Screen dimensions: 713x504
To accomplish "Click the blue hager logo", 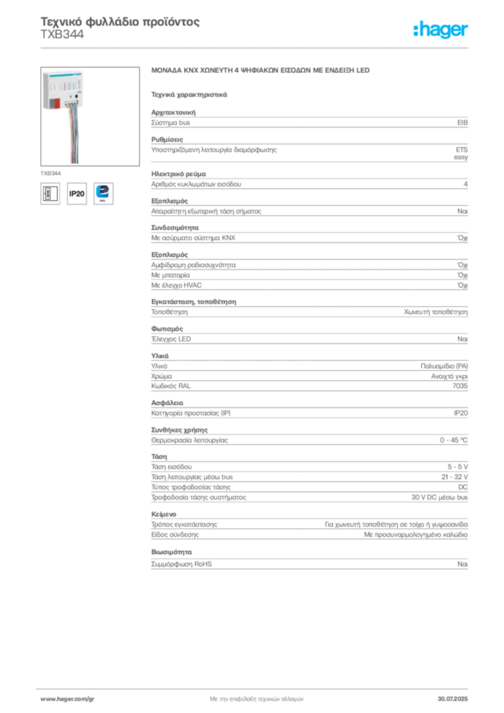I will point(441,30).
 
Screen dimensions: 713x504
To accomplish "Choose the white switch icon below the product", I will point(49,193).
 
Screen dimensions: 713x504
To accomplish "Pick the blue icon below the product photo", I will point(105,193).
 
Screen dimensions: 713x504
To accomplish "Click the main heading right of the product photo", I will point(262,72).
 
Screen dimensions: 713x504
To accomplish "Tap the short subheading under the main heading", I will point(189,93).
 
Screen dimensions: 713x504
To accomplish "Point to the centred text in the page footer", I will point(255,697).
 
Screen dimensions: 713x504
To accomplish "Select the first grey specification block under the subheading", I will point(308,123).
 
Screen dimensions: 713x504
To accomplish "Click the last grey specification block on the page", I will point(308,564).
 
